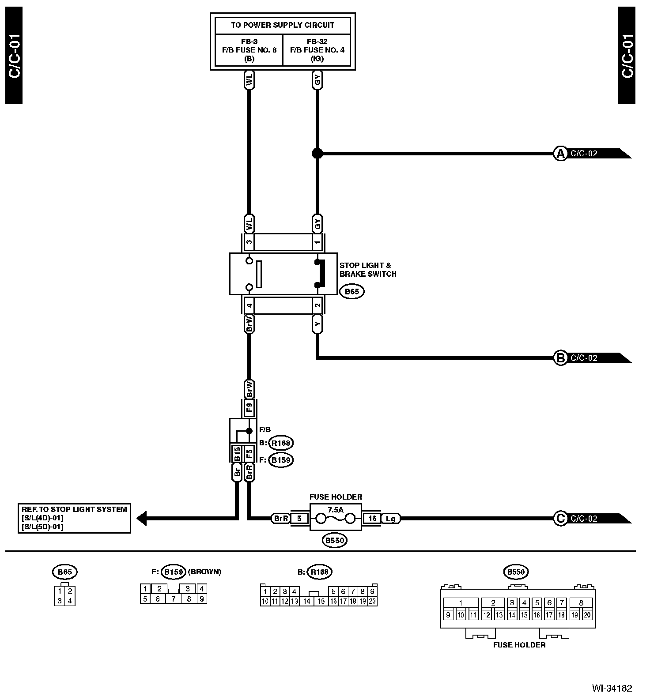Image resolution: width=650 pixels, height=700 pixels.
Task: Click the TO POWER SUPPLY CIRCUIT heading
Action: (283, 25)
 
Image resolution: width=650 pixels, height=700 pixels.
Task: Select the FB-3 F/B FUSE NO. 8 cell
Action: (249, 50)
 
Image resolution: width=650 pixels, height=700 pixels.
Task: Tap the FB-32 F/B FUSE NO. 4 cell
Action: (317, 50)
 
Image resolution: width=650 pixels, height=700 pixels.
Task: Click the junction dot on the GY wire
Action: (317, 154)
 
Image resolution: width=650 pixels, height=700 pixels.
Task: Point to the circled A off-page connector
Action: (560, 154)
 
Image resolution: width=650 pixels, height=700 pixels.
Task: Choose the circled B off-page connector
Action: (560, 358)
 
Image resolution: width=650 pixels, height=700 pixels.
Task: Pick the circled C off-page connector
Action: (560, 519)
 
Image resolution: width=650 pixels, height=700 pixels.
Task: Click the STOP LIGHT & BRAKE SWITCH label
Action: (368, 270)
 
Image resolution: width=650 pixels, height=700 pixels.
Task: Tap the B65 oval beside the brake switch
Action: (352, 291)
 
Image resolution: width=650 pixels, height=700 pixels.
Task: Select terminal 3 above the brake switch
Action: (249, 242)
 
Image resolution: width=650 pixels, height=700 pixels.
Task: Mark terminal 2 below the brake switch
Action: (317, 305)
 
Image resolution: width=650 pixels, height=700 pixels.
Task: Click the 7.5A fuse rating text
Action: (335, 509)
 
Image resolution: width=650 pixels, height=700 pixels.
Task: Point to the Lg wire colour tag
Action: (390, 519)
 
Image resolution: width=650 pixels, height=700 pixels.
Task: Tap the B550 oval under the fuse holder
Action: (334, 540)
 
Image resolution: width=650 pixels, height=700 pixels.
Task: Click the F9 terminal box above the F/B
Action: (249, 407)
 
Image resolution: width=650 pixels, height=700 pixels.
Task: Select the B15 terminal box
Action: (237, 454)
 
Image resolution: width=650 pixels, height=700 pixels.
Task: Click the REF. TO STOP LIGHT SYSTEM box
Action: (74, 518)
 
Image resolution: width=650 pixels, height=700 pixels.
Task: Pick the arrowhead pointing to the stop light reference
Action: (141, 518)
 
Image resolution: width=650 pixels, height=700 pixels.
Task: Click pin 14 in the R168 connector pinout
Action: (307, 601)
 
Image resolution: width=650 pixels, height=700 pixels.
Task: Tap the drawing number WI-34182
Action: (612, 688)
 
